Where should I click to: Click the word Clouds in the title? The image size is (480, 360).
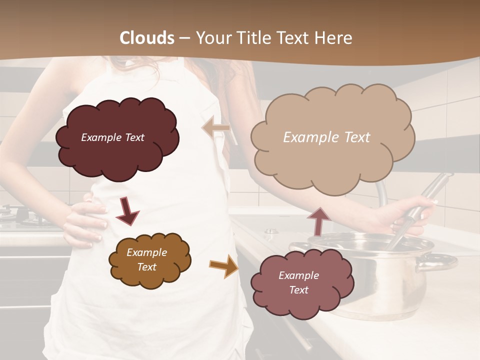147,38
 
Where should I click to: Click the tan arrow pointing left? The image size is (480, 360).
215,128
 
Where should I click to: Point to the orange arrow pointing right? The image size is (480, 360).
224,265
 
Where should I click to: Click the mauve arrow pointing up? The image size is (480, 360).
318,220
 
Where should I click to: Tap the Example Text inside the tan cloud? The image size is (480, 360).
326,137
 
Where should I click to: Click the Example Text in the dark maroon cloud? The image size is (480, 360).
112,137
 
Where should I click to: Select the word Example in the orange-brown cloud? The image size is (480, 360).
146,252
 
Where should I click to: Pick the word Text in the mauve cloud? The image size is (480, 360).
298,290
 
